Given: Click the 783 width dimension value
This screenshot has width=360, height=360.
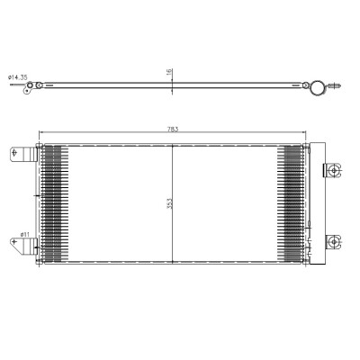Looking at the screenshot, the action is pos(173,129).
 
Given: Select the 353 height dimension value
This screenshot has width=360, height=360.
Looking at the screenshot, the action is pos(169,203).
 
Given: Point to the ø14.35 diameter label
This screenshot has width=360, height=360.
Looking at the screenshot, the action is pos(18,77).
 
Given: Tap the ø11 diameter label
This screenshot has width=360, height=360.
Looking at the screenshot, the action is pos(24,234).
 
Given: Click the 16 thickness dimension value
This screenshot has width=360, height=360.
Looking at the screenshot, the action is pos(169,71).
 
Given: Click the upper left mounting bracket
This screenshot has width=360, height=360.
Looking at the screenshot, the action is pos(23,155).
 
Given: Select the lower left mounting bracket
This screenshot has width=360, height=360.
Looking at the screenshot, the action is pos(23,246).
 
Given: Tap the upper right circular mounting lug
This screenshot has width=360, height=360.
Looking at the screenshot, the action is pos(334,171).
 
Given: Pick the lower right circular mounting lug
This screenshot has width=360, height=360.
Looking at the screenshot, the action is pos(333,241).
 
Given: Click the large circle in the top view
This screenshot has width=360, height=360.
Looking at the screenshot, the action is pos(318,87).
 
